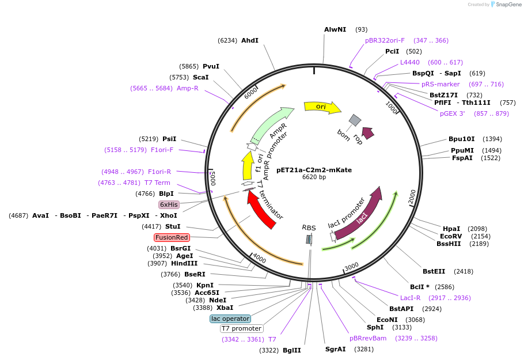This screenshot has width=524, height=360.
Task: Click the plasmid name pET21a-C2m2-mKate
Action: [314, 170]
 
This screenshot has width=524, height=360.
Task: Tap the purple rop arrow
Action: [367, 133]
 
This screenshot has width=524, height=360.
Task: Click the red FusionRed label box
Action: [172, 237]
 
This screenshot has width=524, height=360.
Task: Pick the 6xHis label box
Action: [169, 204]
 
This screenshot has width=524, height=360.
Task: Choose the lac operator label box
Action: [230, 319]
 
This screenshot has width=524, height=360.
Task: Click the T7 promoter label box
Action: [242, 328]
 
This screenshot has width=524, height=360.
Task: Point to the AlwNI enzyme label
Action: [335, 29]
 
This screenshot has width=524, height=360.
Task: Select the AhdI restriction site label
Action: [250, 40]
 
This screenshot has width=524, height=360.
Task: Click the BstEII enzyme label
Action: [434, 271]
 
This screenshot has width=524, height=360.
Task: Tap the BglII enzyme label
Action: [292, 350]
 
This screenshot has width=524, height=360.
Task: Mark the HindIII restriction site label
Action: [184, 263]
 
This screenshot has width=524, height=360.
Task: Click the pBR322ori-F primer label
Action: [385, 40]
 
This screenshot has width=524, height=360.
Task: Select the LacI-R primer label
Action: [410, 298]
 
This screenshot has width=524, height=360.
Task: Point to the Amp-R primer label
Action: [187, 88]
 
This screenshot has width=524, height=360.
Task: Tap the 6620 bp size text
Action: [314, 177]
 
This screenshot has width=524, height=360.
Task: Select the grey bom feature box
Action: [355, 120]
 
